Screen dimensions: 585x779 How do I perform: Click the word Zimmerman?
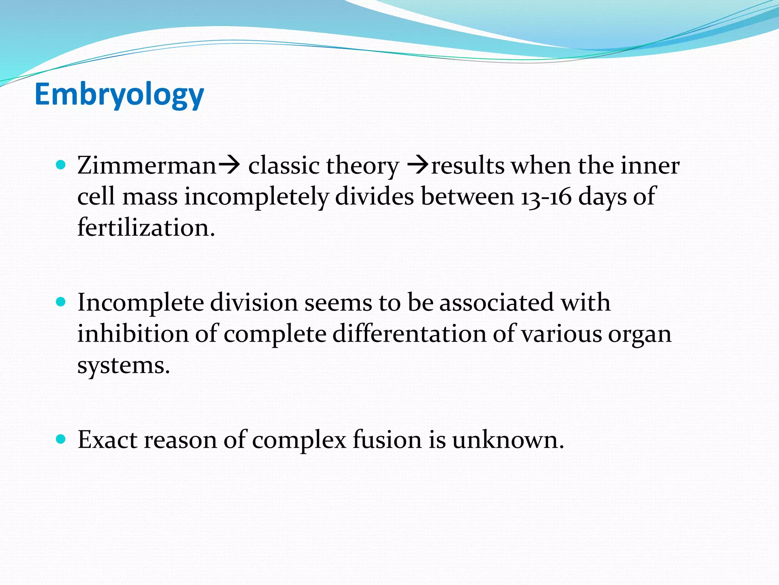pos(146,166)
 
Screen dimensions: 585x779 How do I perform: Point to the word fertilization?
pos(146,227)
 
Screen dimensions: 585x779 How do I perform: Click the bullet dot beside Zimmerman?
pos(61,165)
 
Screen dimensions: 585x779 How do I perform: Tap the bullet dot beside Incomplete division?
pos(61,302)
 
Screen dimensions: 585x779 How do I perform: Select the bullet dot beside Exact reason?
pos(61,439)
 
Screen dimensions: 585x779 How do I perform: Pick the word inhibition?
pos(133,334)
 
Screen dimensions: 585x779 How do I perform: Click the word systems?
pos(123,366)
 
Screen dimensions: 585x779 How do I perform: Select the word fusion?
pos(387,440)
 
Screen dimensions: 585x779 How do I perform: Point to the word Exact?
pos(107,440)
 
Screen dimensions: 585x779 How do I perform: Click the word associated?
pos(496,303)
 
